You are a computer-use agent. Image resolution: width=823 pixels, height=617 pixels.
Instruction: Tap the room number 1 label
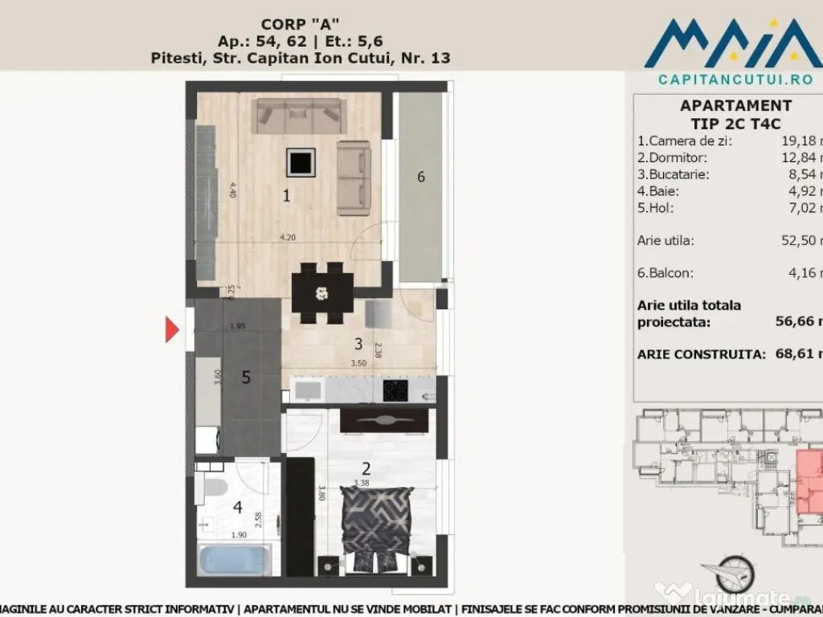[285, 194]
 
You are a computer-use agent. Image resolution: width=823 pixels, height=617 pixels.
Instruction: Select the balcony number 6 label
[420, 178]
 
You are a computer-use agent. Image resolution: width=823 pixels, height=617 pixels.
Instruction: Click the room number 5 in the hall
[247, 377]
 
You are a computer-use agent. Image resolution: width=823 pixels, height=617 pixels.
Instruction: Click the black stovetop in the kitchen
[395, 390]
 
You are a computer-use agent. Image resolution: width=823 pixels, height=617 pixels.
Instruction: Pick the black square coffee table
[301, 163]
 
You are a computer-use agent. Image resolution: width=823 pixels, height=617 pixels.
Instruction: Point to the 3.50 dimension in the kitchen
[359, 363]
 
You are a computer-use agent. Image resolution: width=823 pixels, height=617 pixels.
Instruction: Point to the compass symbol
[734, 573]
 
